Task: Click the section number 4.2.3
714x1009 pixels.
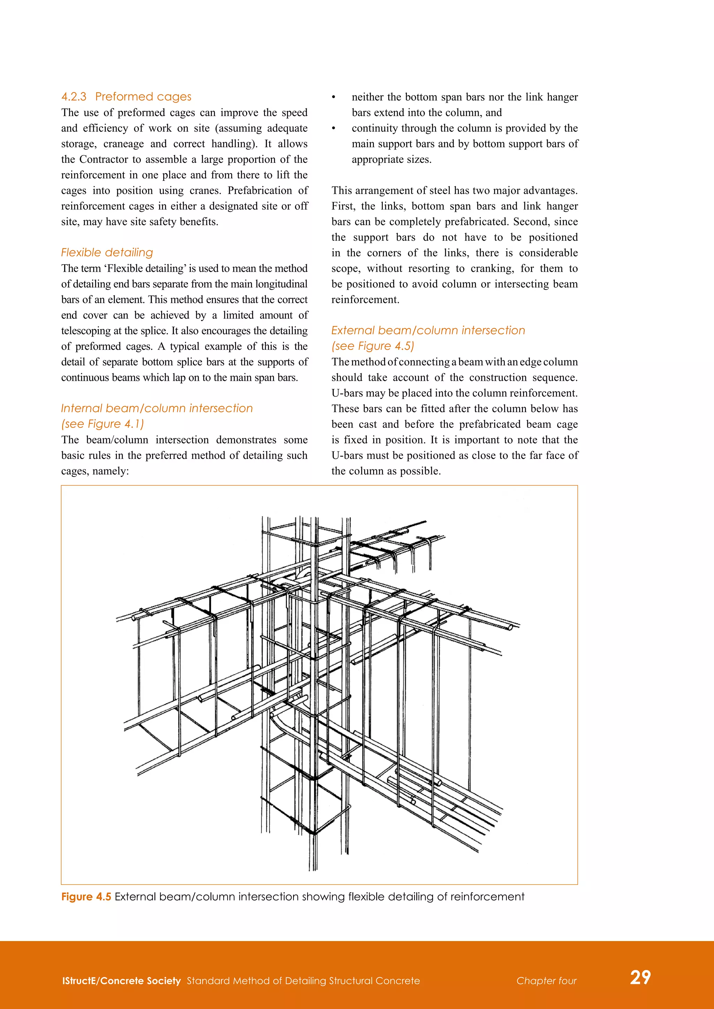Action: [74, 97]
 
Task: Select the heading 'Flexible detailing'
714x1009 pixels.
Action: [107, 253]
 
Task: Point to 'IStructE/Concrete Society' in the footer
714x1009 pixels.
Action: [121, 981]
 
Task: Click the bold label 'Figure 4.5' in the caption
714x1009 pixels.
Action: [86, 896]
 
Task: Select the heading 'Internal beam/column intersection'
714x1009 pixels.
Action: [157, 408]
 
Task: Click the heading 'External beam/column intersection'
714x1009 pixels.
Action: [428, 331]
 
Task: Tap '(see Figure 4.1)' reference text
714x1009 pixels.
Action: [102, 424]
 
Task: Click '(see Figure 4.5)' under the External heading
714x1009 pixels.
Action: [372, 346]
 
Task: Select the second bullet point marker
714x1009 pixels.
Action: [334, 128]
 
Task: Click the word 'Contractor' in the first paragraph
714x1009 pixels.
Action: [103, 160]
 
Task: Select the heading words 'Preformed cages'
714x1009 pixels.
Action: [143, 97]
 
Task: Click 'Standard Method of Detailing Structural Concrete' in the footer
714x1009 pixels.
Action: [303, 981]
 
